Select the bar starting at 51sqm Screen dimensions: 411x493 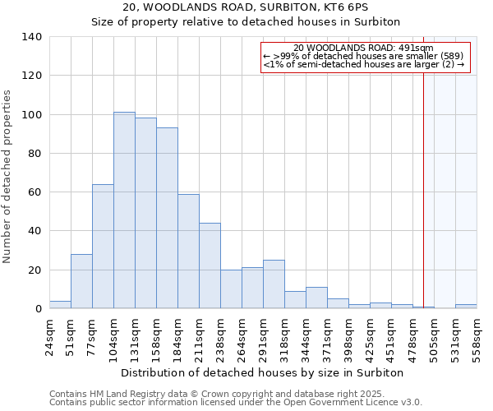[x=81, y=281]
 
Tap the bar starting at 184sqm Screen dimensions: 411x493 [x=188, y=252]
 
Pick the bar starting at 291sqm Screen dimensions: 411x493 [x=274, y=284]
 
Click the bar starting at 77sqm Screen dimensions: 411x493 [x=103, y=247]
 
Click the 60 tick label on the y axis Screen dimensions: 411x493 [x=35, y=192]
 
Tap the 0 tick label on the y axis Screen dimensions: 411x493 [x=38, y=309]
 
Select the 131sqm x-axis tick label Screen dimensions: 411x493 [x=135, y=336]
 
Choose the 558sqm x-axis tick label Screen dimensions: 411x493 [x=477, y=336]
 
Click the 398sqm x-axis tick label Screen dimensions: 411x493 [x=348, y=336]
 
